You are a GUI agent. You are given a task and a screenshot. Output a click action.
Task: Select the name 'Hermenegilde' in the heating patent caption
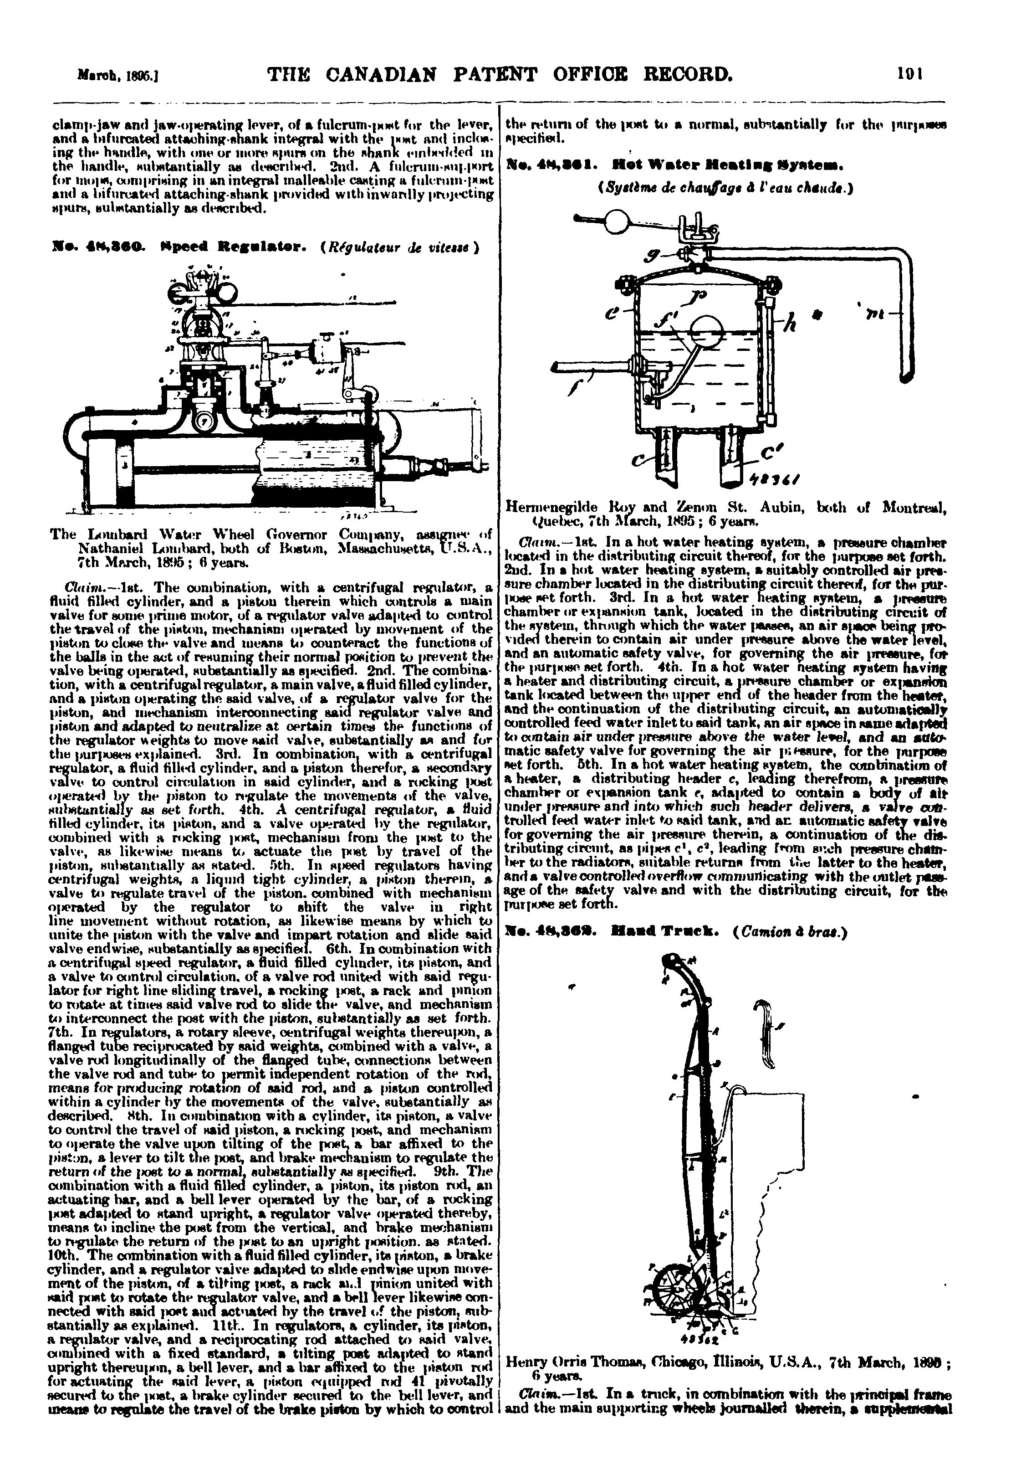(x=547, y=508)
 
